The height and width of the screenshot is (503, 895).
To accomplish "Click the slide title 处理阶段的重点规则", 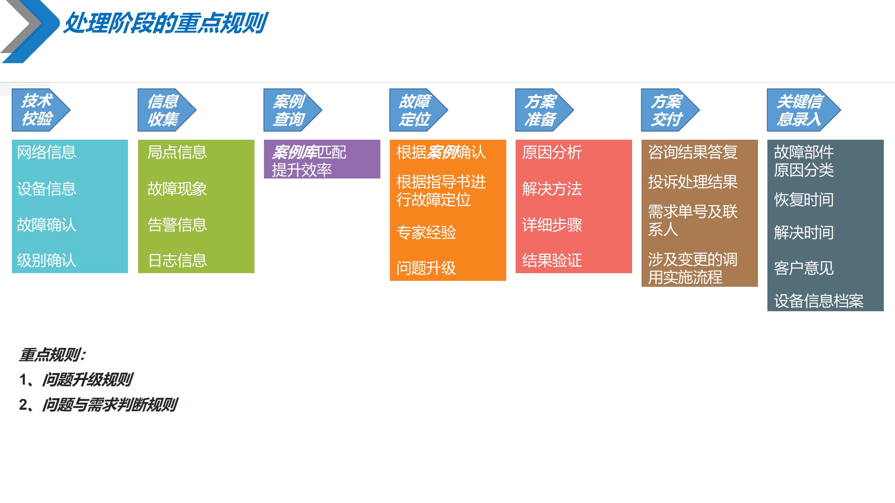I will click(x=166, y=23).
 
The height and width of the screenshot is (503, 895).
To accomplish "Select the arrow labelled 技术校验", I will click(x=38, y=110).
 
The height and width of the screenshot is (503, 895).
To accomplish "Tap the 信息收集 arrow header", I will click(x=164, y=110).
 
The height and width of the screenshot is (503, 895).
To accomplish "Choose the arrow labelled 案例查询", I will click(x=290, y=110).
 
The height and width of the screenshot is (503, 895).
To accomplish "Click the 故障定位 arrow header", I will click(x=416, y=110).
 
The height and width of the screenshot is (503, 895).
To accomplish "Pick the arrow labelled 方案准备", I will click(x=542, y=110).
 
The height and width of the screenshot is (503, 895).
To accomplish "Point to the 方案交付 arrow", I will click(x=668, y=110).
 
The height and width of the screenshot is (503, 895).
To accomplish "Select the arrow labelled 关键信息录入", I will click(x=801, y=110).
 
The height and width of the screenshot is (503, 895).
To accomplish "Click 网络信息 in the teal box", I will click(x=46, y=152).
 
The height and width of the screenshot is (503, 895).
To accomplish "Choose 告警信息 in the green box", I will click(x=177, y=225).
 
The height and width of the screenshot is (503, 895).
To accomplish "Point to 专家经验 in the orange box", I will click(x=426, y=232).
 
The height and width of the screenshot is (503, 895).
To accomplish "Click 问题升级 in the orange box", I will click(x=426, y=268).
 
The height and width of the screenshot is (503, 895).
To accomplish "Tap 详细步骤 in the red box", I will click(x=552, y=225).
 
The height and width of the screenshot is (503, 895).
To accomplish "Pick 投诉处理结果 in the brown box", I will click(x=693, y=182).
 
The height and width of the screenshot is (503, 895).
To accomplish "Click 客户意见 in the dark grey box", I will click(x=804, y=268).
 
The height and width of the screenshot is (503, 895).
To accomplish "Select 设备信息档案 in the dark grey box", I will click(x=818, y=301).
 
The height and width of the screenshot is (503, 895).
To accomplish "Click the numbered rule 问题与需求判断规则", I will click(x=110, y=405).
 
